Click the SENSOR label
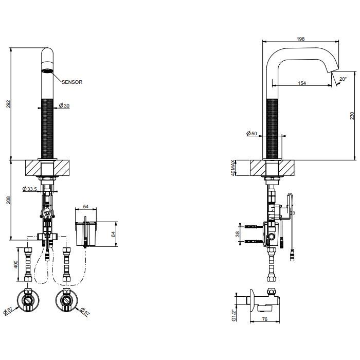[72, 82]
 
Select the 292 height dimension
[8, 104]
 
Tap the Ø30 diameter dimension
[64, 105]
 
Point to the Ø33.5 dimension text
[30, 189]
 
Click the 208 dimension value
[8, 200]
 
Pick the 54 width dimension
[86, 207]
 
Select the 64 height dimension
[113, 235]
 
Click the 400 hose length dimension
[15, 264]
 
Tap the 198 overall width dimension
[300, 39]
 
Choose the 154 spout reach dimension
[302, 83]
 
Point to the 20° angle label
[343, 79]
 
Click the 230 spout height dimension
[352, 116]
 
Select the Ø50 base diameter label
[251, 133]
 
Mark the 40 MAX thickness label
[233, 168]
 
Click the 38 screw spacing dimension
[238, 234]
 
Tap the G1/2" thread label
[233, 315]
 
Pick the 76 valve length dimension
[265, 319]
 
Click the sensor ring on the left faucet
[47, 70]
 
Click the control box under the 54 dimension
[86, 234]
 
